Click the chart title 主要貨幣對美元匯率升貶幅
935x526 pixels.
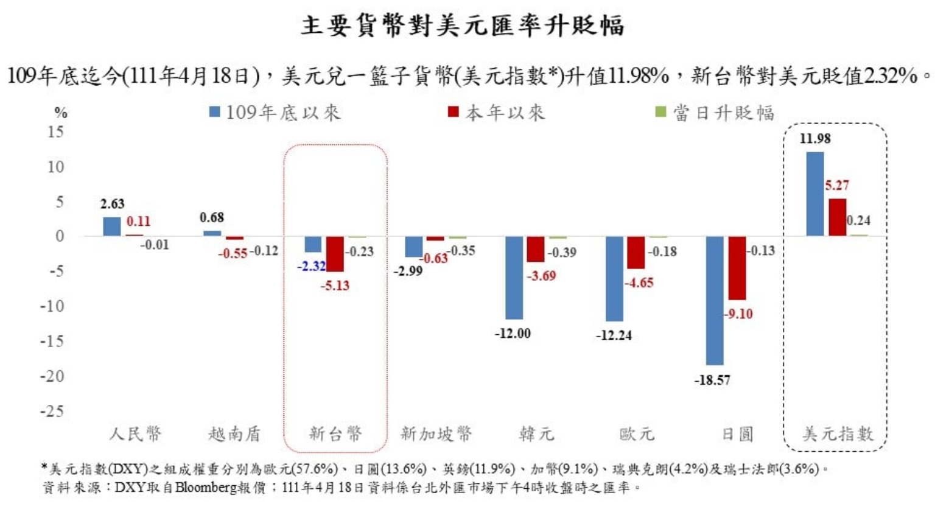[x=462, y=26]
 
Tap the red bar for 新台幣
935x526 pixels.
[x=335, y=254]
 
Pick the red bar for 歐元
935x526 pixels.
[x=636, y=252]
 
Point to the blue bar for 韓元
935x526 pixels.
[x=514, y=278]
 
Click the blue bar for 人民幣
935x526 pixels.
[x=112, y=226]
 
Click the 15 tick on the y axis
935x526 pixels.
[x=55, y=131]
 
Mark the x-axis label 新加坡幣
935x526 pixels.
[x=436, y=434]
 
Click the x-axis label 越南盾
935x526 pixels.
[x=234, y=434]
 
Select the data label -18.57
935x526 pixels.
[x=712, y=380]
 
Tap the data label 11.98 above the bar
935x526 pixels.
[x=814, y=139]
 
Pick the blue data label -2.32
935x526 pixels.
[x=311, y=266]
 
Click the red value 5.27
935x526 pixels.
[x=837, y=185]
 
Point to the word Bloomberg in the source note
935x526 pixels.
[x=206, y=488]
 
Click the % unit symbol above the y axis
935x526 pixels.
[x=61, y=113]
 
